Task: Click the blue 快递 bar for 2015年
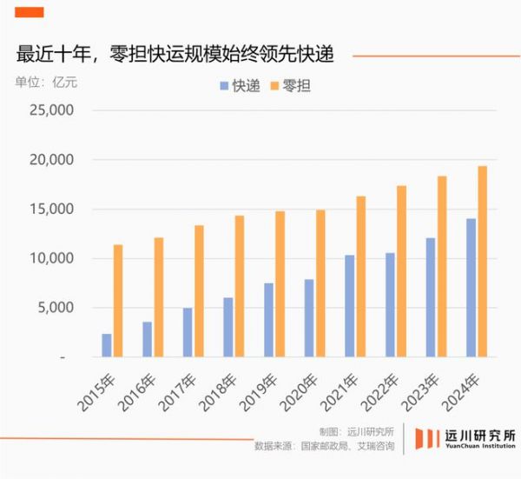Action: (107, 345)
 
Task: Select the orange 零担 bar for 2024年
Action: (483, 261)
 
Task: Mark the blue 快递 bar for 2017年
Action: (188, 332)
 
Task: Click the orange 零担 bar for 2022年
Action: (402, 270)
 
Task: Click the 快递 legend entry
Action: (239, 86)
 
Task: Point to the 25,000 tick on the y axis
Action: (53, 111)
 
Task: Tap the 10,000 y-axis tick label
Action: (53, 258)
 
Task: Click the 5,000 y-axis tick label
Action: (57, 308)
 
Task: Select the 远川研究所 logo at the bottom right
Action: (465, 439)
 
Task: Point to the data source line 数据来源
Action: (324, 447)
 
